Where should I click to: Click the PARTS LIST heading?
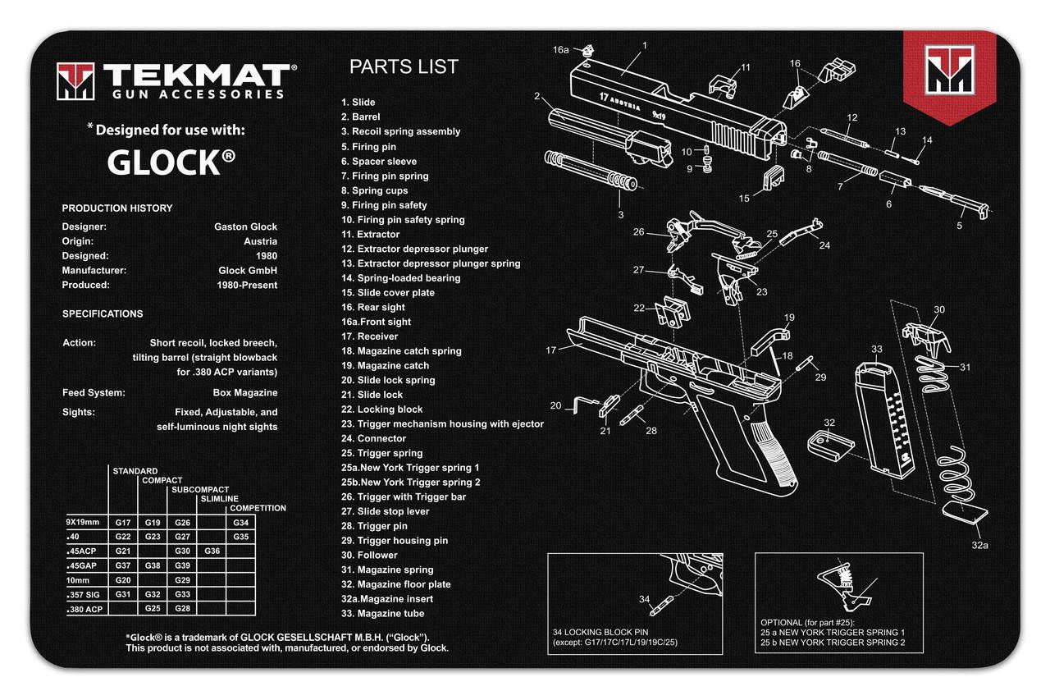pyautogui.click(x=404, y=67)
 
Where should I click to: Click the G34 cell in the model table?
pyautogui.click(x=240, y=523)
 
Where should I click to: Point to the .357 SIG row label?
pyautogui.click(x=85, y=594)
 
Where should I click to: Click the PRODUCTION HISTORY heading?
pyautogui.click(x=117, y=208)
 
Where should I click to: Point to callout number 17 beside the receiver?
pyautogui.click(x=552, y=350)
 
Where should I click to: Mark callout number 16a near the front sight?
pyautogui.click(x=560, y=50)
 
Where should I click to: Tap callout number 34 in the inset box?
pyautogui.click(x=643, y=598)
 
